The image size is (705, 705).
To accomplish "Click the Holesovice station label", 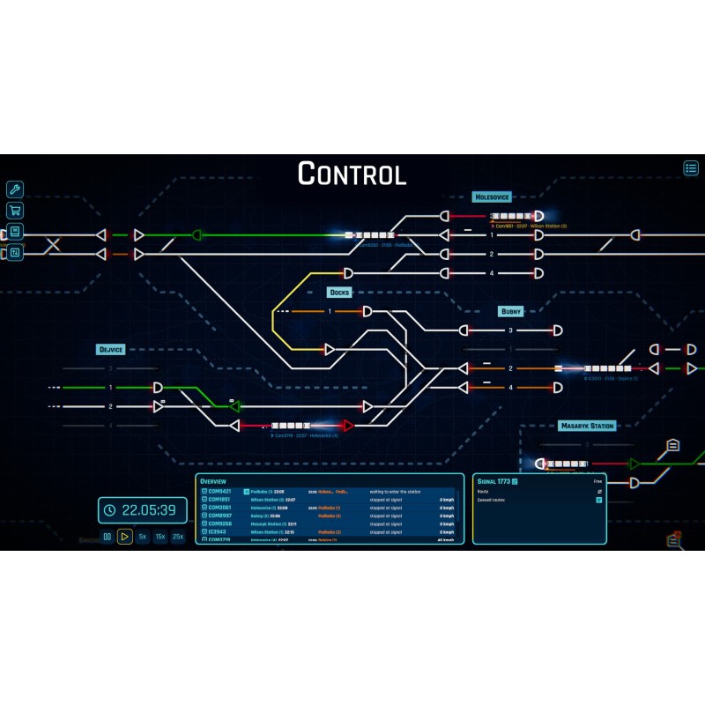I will point(492,197).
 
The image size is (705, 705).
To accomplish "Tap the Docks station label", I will point(340,293).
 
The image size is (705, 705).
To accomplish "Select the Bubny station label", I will point(511,311).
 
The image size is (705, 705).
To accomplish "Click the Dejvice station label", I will point(111,350).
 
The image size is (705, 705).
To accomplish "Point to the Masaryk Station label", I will point(587,426).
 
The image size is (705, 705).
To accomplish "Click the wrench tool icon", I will point(15,189).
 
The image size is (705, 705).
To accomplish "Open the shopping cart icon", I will point(15,211).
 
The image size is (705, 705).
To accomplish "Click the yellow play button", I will point(125,536).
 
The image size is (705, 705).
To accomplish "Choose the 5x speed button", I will point(143,536).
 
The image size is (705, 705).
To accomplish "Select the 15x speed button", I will point(160,536).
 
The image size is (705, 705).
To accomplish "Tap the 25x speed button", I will point(178,536).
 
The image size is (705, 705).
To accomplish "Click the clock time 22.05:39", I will point(148,509).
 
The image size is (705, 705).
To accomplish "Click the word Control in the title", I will point(352,174).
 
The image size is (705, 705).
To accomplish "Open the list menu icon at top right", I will point(691,167).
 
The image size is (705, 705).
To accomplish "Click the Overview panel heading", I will point(213,481).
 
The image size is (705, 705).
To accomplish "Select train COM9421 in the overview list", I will point(219,491).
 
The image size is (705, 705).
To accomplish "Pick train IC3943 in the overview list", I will point(218,532).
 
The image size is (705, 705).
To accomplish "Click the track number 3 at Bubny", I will point(510,330).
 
